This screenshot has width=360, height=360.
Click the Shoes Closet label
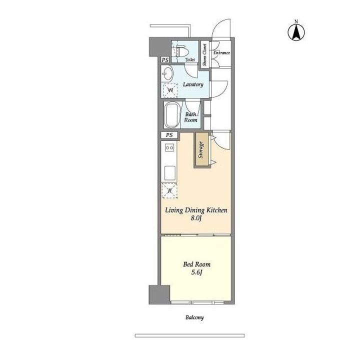205,54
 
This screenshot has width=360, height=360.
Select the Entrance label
221,52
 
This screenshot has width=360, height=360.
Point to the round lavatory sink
167,74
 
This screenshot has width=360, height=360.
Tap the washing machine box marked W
170,90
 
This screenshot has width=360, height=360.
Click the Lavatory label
193,84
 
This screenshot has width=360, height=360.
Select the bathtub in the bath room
172,115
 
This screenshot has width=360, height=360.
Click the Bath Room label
191,117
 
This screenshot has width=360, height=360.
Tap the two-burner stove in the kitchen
169,148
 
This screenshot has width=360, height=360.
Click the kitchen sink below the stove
169,172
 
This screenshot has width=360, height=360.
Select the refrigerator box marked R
170,190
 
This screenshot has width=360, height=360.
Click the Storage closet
202,150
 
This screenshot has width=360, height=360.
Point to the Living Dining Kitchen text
196,210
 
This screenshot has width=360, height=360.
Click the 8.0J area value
196,218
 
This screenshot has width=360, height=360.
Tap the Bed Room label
196,264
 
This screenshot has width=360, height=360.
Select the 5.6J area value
196,272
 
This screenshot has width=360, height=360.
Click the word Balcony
195,317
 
